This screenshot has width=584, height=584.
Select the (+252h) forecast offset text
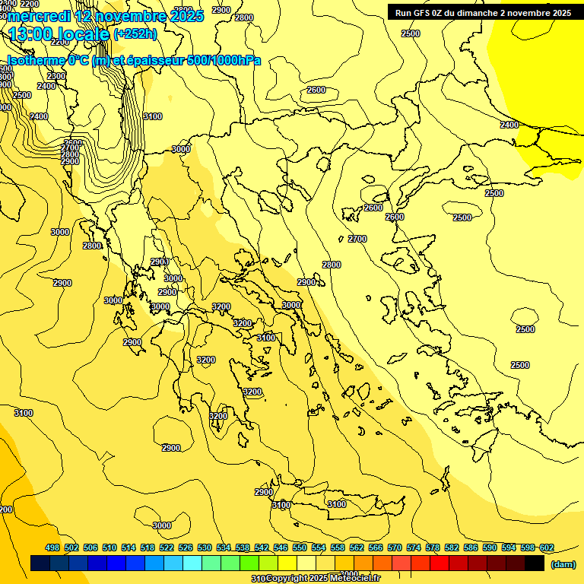135,34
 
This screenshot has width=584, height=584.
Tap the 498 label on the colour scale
52,547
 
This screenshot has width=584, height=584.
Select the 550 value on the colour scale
300,547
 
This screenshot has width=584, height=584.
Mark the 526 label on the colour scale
186,547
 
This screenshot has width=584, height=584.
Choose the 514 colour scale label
129,547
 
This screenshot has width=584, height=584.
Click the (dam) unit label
563,564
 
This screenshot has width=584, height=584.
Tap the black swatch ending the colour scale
535,563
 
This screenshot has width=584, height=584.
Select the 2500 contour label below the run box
410,33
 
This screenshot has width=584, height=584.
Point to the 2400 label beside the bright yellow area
509,125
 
